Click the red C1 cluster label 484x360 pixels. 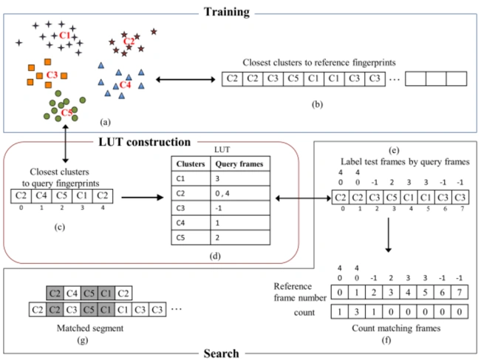click(65, 35)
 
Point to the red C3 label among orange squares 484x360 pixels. click(52, 74)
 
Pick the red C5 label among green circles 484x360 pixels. click(66, 112)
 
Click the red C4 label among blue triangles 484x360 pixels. click(125, 84)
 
